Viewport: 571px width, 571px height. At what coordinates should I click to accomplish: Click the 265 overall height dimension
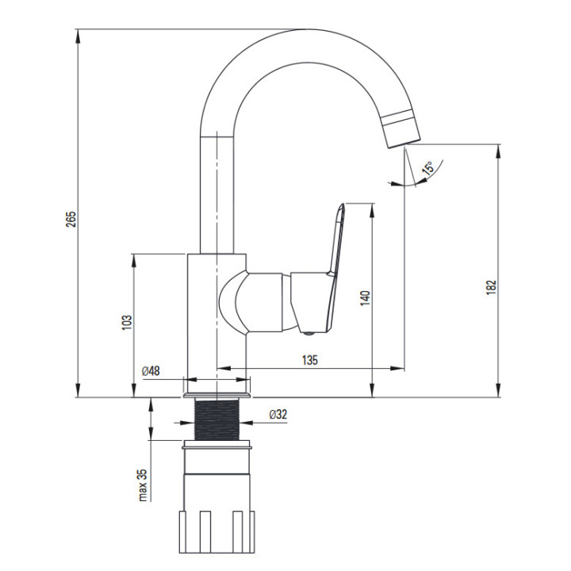coord(71,219)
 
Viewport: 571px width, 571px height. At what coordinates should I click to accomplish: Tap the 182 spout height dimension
coord(491,288)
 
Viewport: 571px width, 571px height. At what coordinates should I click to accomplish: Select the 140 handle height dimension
coord(365,298)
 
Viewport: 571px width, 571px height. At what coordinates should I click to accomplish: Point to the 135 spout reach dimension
coord(309,360)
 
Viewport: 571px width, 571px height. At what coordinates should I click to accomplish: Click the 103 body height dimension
coord(127,323)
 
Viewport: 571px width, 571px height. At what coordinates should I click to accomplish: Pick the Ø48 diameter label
coord(151,371)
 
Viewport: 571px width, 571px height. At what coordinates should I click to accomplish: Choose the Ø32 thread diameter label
coord(278,415)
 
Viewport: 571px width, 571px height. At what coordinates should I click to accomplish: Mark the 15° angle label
coord(428,168)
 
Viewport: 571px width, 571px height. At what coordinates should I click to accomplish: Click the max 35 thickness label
coord(143,485)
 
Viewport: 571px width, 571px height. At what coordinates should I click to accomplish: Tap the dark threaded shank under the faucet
coord(217,420)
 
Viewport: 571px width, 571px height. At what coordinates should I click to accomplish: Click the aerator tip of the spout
coord(401,128)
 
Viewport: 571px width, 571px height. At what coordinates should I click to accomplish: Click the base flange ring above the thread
coord(217,396)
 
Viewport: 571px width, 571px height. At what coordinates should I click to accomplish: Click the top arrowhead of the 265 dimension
coord(78,36)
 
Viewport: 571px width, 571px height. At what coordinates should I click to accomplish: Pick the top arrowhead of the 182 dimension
coord(498,151)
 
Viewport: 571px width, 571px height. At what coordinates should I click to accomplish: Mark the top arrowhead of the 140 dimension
coord(372,210)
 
